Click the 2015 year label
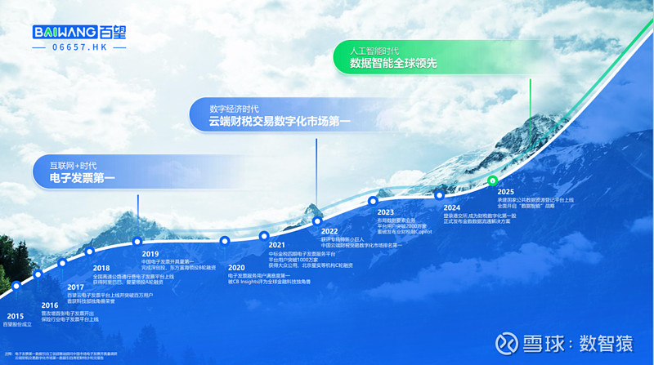(x=16, y=315)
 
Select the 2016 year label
(x=50, y=305)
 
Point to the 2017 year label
(x=76, y=287)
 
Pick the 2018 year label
(x=101, y=268)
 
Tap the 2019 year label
(x=150, y=254)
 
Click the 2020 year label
(x=236, y=268)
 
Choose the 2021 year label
(x=277, y=245)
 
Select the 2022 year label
(x=329, y=231)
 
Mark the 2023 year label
(x=386, y=212)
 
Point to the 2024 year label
(x=453, y=207)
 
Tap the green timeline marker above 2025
(x=491, y=180)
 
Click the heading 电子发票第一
(x=83, y=176)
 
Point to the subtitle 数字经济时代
(x=235, y=108)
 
